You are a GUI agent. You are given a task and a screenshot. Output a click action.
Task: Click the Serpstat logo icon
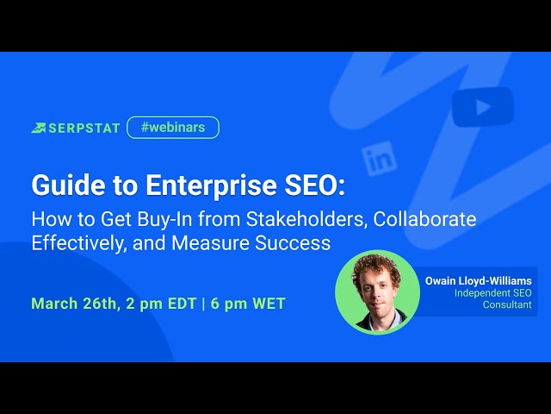coord(39,128)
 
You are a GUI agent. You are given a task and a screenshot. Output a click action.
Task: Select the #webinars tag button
coord(172,128)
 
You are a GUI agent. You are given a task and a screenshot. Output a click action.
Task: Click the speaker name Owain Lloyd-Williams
coord(479,280)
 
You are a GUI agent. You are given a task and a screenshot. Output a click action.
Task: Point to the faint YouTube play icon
coord(469,108)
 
